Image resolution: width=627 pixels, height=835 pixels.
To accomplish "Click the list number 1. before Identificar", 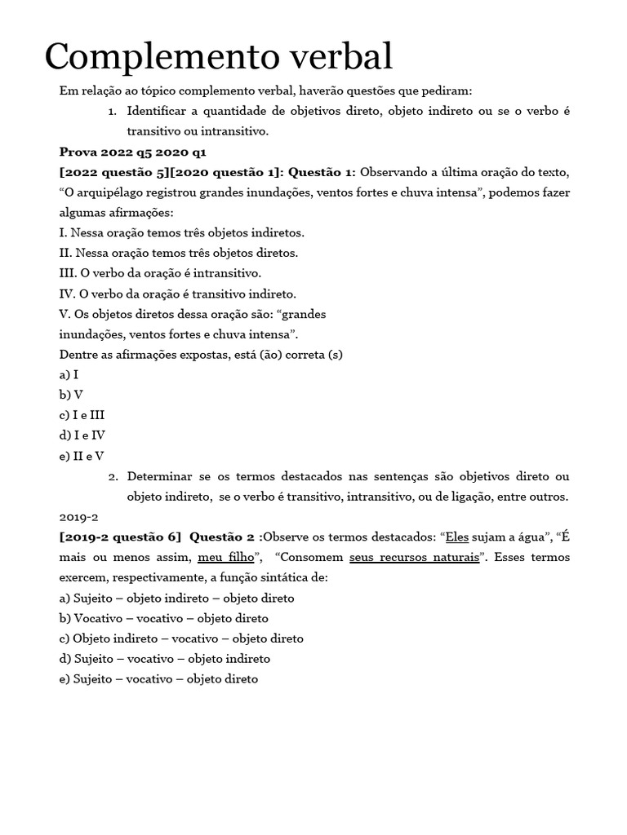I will (113, 111).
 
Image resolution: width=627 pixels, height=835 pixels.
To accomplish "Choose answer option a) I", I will (69, 374).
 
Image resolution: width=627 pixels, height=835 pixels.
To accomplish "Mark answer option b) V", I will (71, 395).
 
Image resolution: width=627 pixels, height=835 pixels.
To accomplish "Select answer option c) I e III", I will (82, 415).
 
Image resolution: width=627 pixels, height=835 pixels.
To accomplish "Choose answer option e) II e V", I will (82, 456).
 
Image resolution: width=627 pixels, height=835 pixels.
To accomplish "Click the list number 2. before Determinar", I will (113, 476).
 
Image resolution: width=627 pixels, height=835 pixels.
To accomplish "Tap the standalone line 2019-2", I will (78, 517).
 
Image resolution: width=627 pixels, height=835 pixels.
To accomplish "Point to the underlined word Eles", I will (457, 537).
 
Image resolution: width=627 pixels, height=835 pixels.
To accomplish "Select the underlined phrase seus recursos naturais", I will (413, 558).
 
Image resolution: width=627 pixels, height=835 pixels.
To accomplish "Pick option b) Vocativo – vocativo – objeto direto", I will (163, 618).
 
